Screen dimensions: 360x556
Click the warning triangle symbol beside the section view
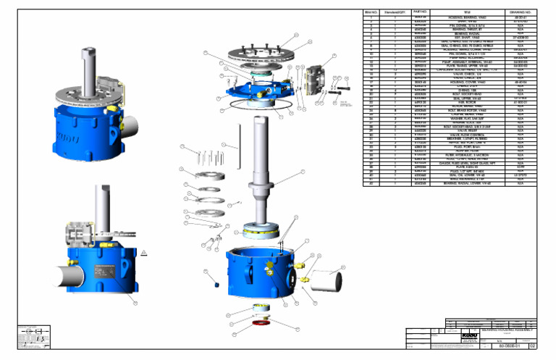[x=144, y=252]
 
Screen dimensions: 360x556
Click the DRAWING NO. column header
[x=520, y=12]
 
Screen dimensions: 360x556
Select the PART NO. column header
[x=421, y=12]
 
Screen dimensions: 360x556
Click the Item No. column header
[x=371, y=12]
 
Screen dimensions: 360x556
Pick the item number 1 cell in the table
[x=371, y=19]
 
